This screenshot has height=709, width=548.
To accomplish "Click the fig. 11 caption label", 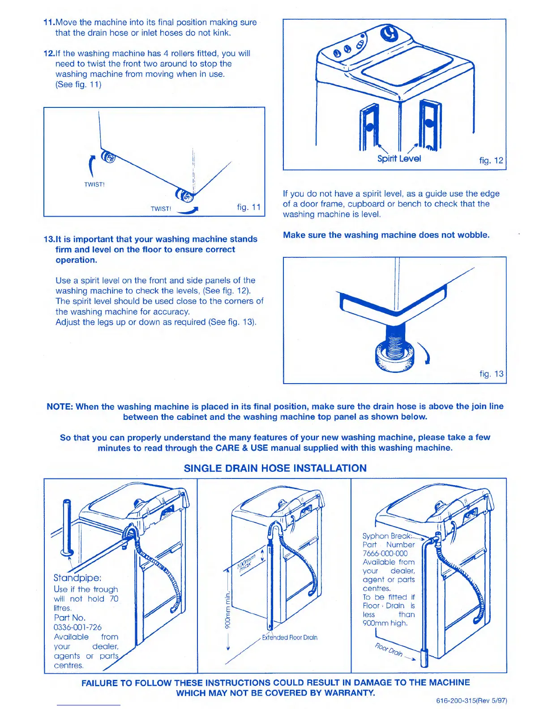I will coord(248,207).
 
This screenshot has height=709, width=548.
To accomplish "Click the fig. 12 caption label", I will coord(491,160).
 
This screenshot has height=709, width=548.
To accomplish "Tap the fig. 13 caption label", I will coord(491,374).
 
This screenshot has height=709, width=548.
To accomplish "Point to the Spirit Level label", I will coord(399,158).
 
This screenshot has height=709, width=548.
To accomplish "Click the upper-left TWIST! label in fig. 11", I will coord(94,184).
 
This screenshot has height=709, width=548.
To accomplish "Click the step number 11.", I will coord(48,22).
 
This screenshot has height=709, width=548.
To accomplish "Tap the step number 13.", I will coord(48,239).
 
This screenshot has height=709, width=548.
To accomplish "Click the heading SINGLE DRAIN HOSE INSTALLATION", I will coord(275,468).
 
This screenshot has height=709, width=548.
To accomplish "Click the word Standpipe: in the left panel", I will coord(77,578).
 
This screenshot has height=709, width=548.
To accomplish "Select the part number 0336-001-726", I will coord(77,627).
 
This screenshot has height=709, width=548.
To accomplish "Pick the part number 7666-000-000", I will coord(385,553).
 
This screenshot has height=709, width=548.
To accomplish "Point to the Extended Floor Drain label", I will coord(290,637).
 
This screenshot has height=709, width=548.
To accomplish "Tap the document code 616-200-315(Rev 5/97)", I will coord(471,700).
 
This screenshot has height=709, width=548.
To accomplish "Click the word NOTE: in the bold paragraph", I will coord(60,406).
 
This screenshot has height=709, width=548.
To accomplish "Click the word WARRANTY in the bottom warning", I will coord(349,693).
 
